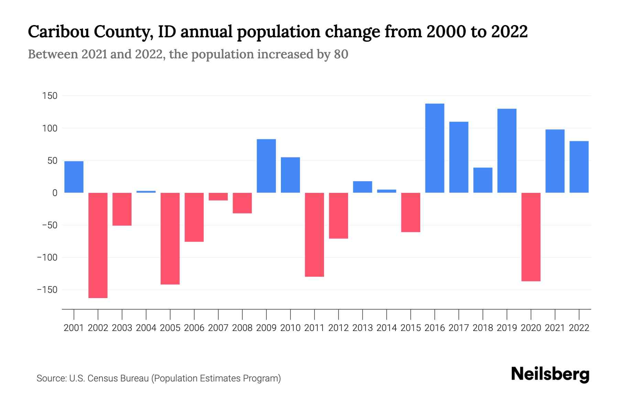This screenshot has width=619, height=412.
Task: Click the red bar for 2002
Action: click(x=98, y=245)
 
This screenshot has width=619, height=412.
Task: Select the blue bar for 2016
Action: click(x=435, y=148)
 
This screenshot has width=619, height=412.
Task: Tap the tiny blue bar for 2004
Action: click(x=146, y=192)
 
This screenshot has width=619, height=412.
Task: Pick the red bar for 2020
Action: click(x=531, y=237)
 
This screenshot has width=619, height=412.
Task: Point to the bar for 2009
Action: click(x=267, y=166)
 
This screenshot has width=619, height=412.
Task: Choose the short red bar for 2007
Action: click(x=218, y=196)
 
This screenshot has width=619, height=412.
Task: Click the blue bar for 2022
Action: click(x=579, y=167)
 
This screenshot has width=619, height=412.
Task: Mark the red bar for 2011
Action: click(x=315, y=234)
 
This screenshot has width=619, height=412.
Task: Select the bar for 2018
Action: click(x=483, y=180)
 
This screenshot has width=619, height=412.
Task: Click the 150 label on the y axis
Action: click(x=50, y=96)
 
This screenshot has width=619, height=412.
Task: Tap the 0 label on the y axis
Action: click(x=55, y=193)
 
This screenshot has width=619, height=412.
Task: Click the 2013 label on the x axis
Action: click(x=362, y=328)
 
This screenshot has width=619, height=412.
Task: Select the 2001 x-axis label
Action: click(x=74, y=328)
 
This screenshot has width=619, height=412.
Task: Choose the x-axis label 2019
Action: click(x=507, y=328)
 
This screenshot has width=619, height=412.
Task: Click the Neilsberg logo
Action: click(x=550, y=374)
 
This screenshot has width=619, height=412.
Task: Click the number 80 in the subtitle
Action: click(x=341, y=54)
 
